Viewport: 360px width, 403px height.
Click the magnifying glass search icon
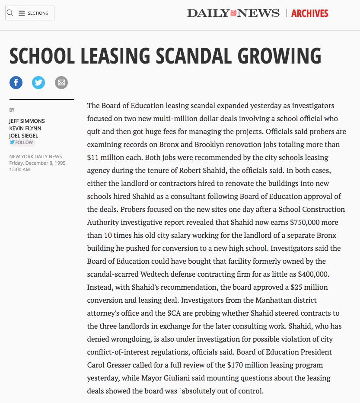[x=10, y=13]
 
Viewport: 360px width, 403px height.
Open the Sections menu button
[x=34, y=13]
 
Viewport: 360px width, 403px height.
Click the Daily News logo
[x=233, y=13]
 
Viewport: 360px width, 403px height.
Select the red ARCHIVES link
[x=309, y=13]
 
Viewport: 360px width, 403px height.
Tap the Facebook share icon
[x=16, y=82]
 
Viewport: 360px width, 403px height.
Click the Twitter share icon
[x=38, y=82]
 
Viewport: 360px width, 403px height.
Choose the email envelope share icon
[x=61, y=82]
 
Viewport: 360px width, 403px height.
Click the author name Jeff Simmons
[x=27, y=121]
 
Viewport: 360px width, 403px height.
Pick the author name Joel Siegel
[x=24, y=136]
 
